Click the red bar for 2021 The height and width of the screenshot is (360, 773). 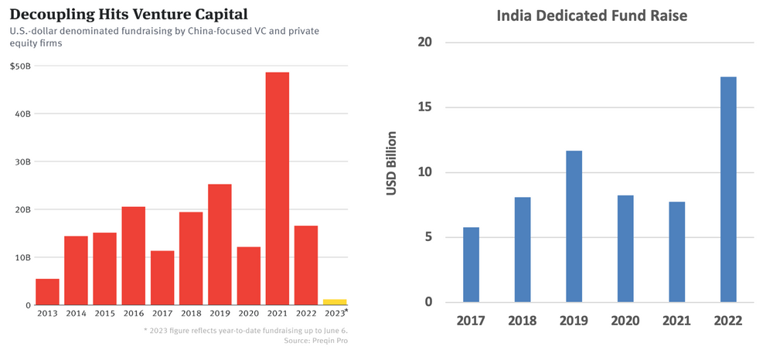click(x=277, y=188)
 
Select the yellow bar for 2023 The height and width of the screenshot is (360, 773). click(x=335, y=302)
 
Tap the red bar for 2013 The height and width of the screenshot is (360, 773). click(x=47, y=292)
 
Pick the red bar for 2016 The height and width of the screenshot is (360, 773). click(x=134, y=256)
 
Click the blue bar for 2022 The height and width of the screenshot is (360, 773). click(x=728, y=189)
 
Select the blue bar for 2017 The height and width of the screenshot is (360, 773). click(x=471, y=264)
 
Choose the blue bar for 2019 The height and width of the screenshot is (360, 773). click(x=574, y=226)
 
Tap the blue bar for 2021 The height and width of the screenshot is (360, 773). click(x=676, y=252)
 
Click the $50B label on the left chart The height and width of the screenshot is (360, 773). click(x=21, y=66)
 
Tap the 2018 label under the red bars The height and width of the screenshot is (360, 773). click(x=191, y=313)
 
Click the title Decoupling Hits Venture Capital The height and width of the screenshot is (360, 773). click(x=118, y=14)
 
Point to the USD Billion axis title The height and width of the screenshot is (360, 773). click(x=392, y=163)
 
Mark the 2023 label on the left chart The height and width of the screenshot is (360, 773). click(x=334, y=313)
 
